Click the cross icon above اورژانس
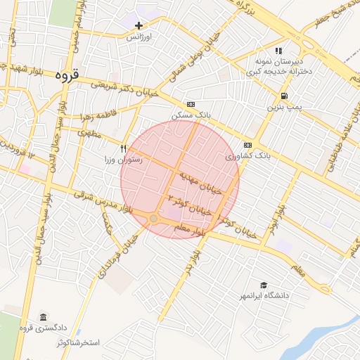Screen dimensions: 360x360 [x=139, y=26]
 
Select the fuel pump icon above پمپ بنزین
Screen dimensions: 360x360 [x=283, y=96]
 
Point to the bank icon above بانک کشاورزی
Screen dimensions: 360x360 [x=247, y=144]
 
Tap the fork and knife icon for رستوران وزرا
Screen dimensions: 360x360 [x=124, y=148]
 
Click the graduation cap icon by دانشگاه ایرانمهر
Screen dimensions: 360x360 [x=263, y=285]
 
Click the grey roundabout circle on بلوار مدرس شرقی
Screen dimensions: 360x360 [x=154, y=219]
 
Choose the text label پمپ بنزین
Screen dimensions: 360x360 [x=283, y=108]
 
